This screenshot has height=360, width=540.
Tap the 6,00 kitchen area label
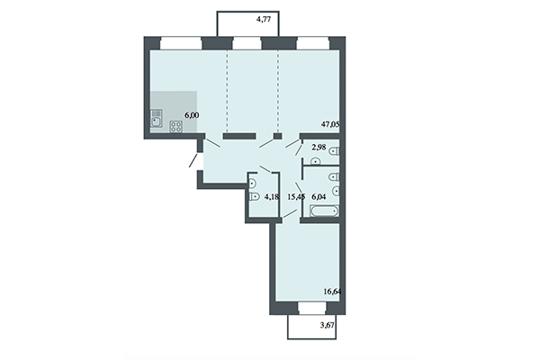click(x=193, y=115)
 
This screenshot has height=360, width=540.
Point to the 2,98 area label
click(x=317, y=148)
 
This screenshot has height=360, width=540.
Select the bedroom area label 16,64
click(x=334, y=292)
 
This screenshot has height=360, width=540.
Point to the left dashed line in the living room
click(x=226, y=90)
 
